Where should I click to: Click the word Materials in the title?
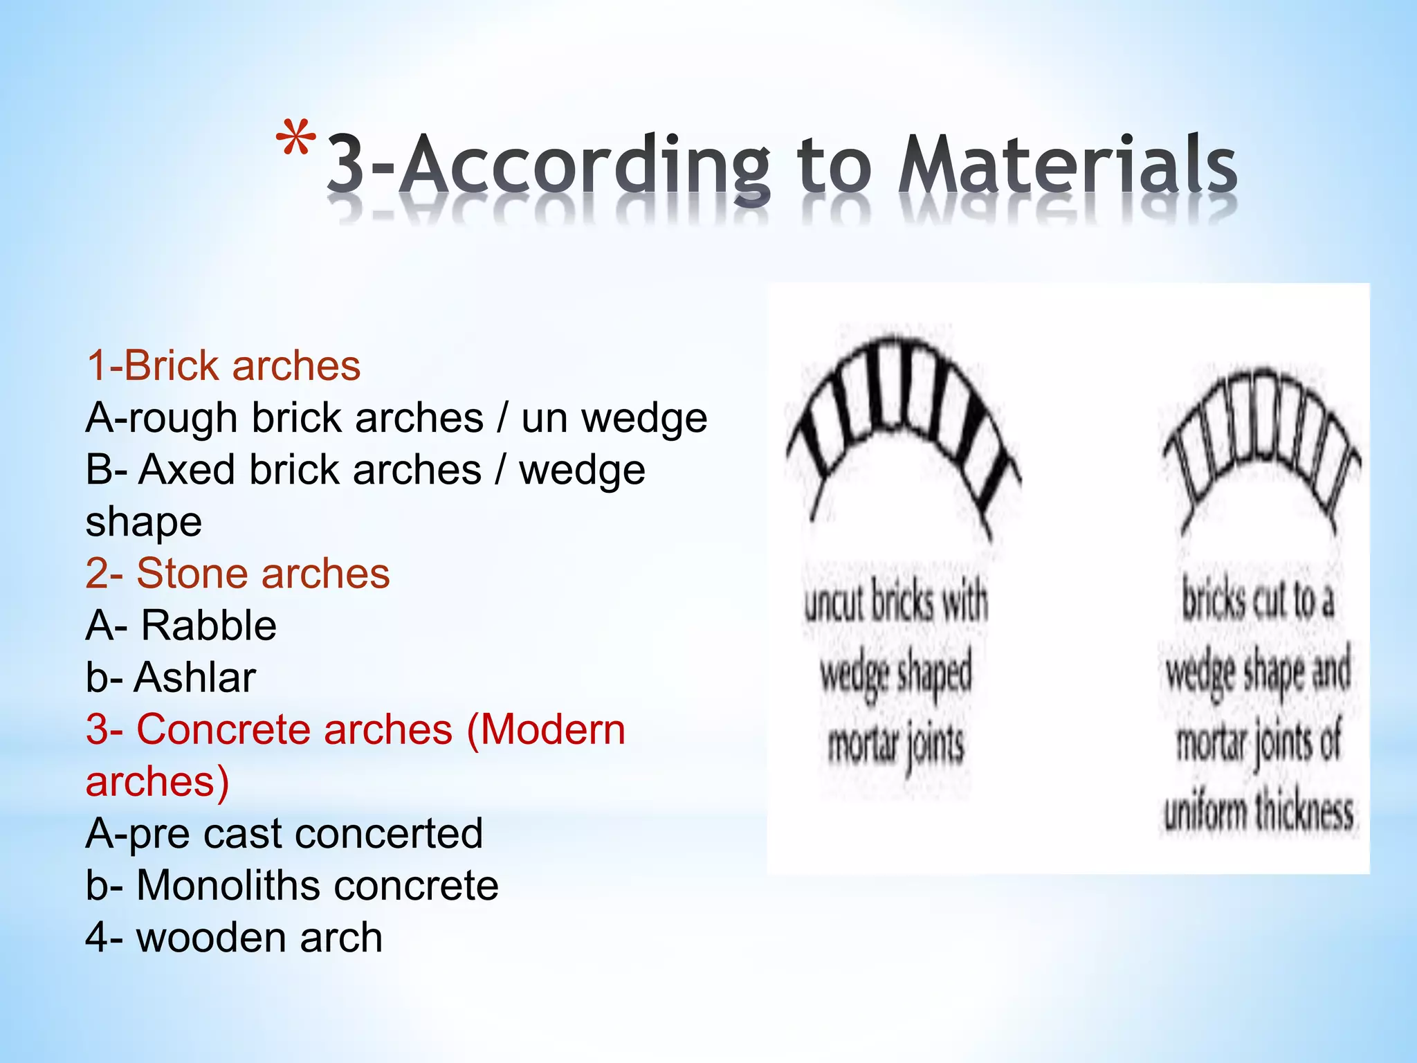(1066, 166)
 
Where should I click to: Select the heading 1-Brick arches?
(223, 365)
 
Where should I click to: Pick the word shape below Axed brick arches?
(144, 522)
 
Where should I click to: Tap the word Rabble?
(209, 626)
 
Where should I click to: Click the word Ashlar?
(195, 678)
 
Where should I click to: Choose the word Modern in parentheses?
(547, 729)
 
